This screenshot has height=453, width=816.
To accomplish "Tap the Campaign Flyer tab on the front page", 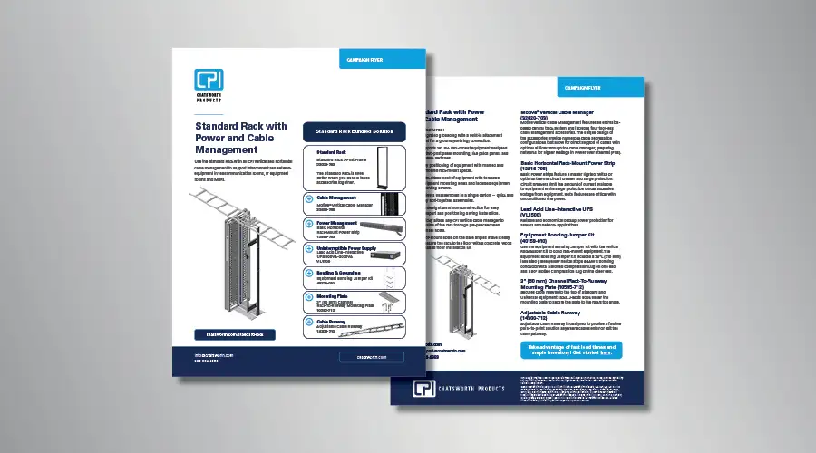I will tap(366, 61).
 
